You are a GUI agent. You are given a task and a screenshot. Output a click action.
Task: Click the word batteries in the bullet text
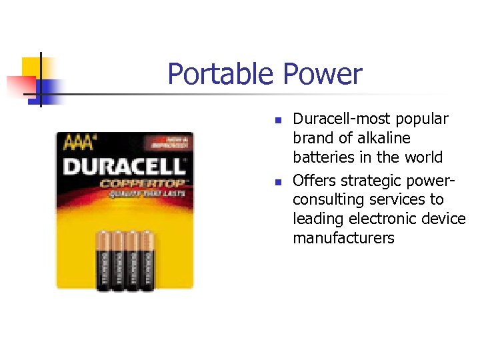323,157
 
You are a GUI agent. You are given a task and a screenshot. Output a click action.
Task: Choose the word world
423,157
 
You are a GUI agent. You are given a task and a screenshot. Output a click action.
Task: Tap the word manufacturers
343,238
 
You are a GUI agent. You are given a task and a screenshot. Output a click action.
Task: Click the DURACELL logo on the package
124,165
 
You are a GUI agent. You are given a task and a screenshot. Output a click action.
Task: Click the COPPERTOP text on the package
144,182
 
